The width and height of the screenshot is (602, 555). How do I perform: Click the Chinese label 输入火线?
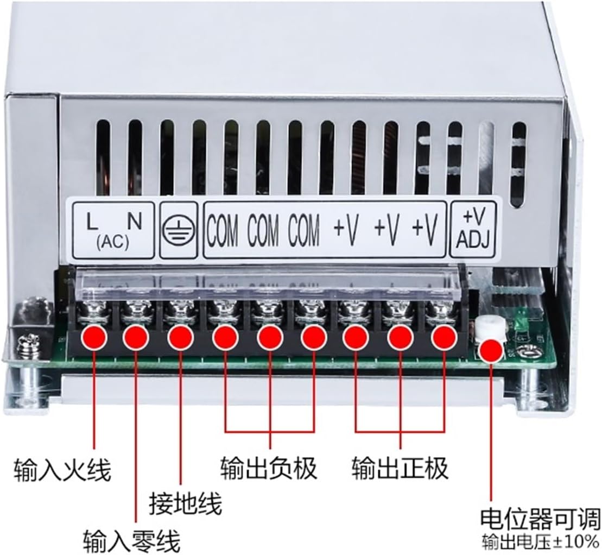click(62, 469)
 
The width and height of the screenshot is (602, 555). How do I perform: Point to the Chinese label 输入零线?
click(131, 540)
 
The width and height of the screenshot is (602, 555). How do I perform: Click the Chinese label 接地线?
click(186, 504)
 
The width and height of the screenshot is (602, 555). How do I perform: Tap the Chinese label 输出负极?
click(269, 468)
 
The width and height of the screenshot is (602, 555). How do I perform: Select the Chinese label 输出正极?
click(400, 468)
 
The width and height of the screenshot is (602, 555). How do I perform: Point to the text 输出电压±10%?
click(541, 542)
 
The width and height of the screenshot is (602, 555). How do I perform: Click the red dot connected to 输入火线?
click(93, 338)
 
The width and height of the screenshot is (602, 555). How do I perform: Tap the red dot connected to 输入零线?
click(136, 338)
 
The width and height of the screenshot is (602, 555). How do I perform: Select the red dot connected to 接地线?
click(181, 338)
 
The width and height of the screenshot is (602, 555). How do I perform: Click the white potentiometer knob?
click(490, 328)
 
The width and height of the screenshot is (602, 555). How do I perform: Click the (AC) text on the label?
click(112, 243)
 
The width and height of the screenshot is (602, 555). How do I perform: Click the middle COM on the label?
click(263, 230)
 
